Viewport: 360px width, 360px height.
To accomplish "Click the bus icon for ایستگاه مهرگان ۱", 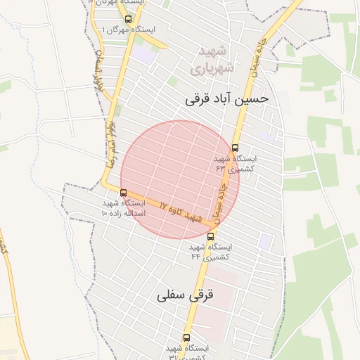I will click(x=127, y=19).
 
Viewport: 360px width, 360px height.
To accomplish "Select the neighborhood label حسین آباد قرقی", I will click(x=226, y=99).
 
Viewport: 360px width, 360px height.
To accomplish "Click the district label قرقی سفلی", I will click(x=185, y=295).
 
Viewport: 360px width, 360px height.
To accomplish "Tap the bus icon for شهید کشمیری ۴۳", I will click(x=235, y=148).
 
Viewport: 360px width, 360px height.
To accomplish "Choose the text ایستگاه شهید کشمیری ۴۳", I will click(x=236, y=164).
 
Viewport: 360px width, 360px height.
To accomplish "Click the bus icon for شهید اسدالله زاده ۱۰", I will click(x=124, y=193).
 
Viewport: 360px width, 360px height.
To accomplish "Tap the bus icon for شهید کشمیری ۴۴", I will click(x=211, y=236).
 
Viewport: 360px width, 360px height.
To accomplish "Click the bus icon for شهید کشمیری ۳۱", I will click(x=186, y=337).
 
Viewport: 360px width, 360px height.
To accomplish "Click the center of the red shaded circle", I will click(x=180, y=179).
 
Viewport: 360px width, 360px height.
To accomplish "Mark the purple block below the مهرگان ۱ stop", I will click(x=146, y=56).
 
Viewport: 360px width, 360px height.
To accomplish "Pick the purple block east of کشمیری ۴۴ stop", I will click(x=265, y=241).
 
